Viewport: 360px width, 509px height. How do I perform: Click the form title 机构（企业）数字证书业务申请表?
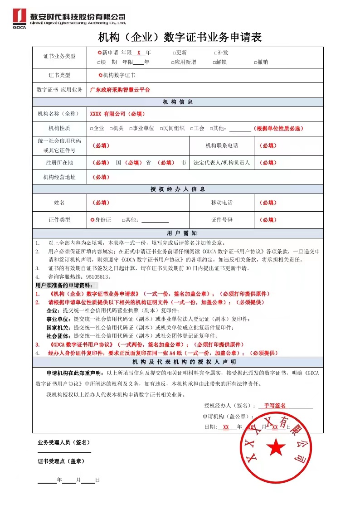pos(180,37)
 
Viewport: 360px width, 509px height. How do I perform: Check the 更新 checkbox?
pos(174,53)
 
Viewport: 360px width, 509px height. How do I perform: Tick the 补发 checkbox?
pos(216,53)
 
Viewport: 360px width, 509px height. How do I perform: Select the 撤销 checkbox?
pos(256,62)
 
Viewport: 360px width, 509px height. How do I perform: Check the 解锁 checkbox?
pos(214,62)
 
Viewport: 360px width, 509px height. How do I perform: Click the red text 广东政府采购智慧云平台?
pos(120,90)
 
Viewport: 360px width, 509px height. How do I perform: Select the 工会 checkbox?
pos(192,129)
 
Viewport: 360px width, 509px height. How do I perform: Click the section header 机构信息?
pos(178,102)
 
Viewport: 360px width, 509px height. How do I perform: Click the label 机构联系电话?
pos(222,145)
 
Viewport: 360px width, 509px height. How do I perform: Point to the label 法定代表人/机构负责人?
pos(222,163)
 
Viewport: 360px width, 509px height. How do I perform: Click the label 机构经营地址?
pos(59,177)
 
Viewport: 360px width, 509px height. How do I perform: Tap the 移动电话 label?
pos(222,203)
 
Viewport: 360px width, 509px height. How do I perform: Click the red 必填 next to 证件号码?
pos(268,220)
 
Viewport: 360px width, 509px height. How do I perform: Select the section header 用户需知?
pos(178,233)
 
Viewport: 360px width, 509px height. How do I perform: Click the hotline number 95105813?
pos(97,276)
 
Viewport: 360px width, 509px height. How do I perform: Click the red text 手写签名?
pos(275,405)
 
